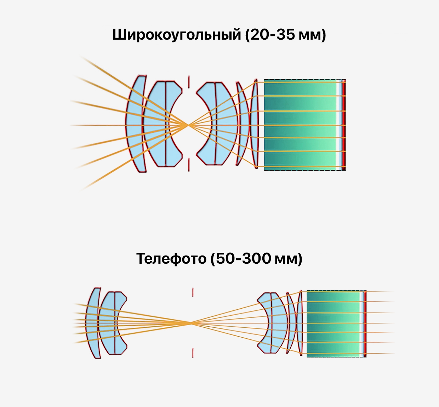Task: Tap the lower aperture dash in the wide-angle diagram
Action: [x=189, y=165]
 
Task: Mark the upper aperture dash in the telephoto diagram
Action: [x=193, y=292]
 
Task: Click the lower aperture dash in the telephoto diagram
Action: [x=193, y=353]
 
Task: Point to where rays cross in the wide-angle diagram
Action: [x=188, y=125]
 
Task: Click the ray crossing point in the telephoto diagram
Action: [x=192, y=323]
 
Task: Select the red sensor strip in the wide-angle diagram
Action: [x=344, y=125]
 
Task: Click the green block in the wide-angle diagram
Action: [x=301, y=125]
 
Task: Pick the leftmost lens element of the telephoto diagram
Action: [x=93, y=323]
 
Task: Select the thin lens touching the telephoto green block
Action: [x=300, y=323]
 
